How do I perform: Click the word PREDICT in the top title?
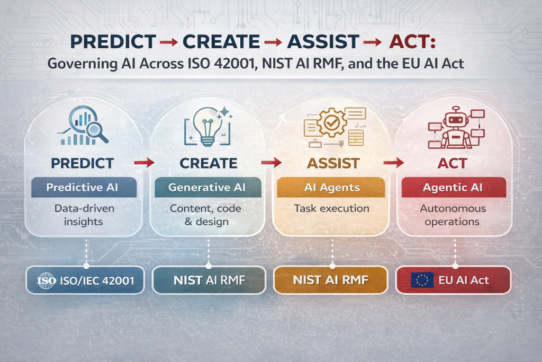(x=113, y=41)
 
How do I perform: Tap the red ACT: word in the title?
(x=412, y=41)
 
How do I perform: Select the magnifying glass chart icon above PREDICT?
(x=83, y=125)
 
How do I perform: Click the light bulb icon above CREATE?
(x=208, y=126)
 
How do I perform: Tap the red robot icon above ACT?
(x=456, y=127)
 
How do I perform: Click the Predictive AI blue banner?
(x=84, y=187)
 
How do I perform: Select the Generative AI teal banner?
(x=207, y=187)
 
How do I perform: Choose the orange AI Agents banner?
(x=331, y=187)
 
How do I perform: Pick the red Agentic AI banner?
(x=454, y=187)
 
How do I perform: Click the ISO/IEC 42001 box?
(x=85, y=280)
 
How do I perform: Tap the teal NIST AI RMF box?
(x=209, y=280)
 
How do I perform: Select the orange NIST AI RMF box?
(x=330, y=280)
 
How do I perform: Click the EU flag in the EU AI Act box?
(x=422, y=280)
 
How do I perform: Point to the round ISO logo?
(x=47, y=280)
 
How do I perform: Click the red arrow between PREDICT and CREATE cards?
(x=144, y=162)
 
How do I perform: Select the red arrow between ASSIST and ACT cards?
(x=394, y=162)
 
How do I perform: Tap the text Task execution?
(x=331, y=208)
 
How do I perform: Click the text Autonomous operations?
(x=453, y=215)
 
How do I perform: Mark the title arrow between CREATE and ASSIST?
(x=273, y=42)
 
